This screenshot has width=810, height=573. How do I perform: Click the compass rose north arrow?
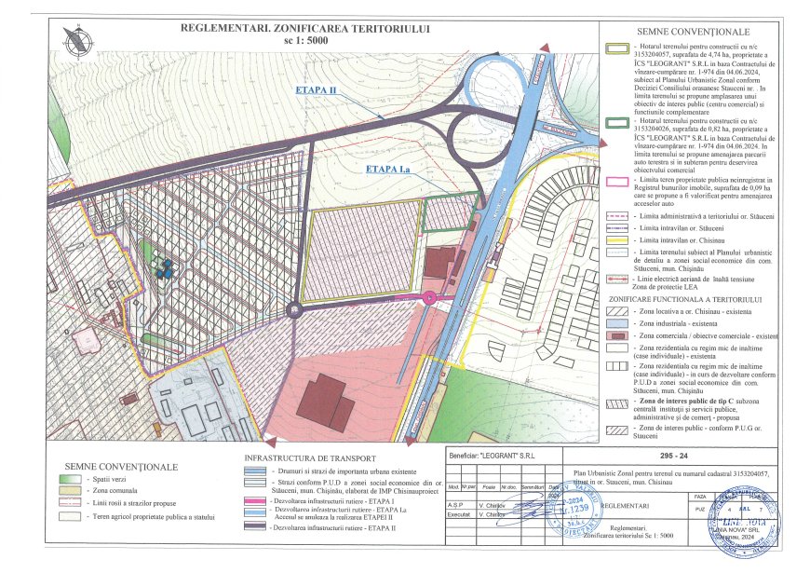[x=76, y=39]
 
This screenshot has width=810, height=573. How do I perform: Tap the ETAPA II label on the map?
[x=315, y=89]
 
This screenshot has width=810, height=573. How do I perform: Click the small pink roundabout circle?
[x=428, y=298]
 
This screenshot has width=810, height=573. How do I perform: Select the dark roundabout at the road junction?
[x=296, y=311]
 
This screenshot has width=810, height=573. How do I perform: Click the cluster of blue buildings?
[x=166, y=270]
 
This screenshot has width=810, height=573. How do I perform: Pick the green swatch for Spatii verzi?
[x=70, y=477]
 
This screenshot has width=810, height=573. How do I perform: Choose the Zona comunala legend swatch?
[x=70, y=489]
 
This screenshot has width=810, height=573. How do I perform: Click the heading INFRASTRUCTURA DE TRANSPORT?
[x=309, y=458]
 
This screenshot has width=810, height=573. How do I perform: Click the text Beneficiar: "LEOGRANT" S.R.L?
[x=493, y=457]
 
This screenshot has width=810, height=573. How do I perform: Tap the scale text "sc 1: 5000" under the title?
[x=308, y=42]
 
